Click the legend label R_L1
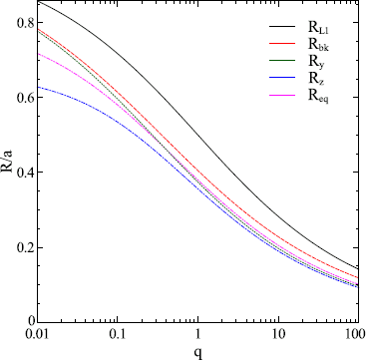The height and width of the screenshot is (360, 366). pos(327,29)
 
